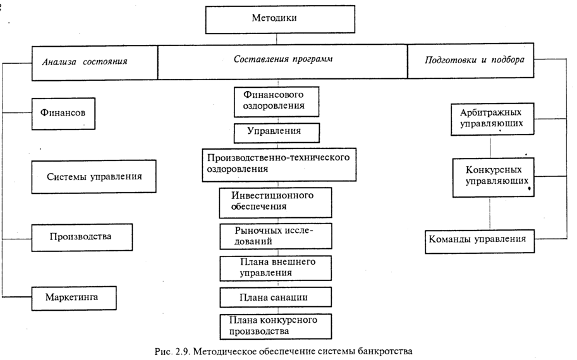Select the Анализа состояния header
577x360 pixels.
(x=85, y=62)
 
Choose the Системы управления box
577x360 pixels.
(x=94, y=176)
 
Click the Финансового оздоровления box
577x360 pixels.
(x=276, y=102)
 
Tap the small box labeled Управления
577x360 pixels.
(x=276, y=132)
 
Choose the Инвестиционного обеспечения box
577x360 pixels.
(x=276, y=201)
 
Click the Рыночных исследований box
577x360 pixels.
(x=276, y=236)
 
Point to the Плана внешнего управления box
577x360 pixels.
(x=276, y=268)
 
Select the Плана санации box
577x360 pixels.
(x=276, y=296)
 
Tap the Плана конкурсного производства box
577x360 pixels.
(x=276, y=325)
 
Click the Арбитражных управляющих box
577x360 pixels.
(x=490, y=119)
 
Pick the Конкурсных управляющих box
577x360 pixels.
(x=490, y=177)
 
